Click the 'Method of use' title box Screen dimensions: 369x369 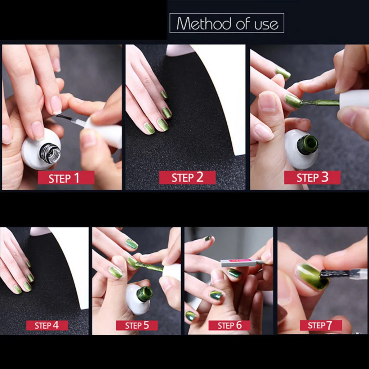[227, 23]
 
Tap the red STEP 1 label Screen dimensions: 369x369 [66, 178]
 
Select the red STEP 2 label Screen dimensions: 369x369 [187, 177]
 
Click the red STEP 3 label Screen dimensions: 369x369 [312, 177]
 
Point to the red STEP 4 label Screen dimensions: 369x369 [47, 325]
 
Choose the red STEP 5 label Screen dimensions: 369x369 [137, 325]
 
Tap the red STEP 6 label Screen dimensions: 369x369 [230, 325]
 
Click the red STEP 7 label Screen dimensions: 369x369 [321, 325]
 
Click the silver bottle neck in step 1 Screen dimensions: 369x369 [50, 153]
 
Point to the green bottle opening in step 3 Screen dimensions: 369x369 [307, 145]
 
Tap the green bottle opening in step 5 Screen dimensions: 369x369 [145, 294]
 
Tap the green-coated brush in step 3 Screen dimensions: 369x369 [320, 103]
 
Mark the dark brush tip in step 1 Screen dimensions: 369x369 [63, 117]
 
